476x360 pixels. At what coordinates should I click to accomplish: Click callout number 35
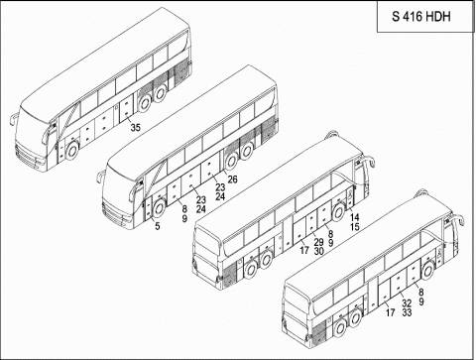(136, 126)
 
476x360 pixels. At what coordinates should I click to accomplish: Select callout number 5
(158, 227)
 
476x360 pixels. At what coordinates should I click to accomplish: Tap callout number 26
(233, 179)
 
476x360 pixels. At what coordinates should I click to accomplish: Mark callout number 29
(318, 242)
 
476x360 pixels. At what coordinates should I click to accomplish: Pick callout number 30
(318, 252)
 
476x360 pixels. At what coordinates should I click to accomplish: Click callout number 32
(406, 301)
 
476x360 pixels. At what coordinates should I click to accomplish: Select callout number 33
(406, 312)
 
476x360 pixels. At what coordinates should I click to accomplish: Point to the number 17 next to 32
(390, 312)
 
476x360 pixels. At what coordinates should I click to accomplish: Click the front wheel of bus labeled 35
(71, 152)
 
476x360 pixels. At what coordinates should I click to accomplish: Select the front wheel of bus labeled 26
(158, 207)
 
